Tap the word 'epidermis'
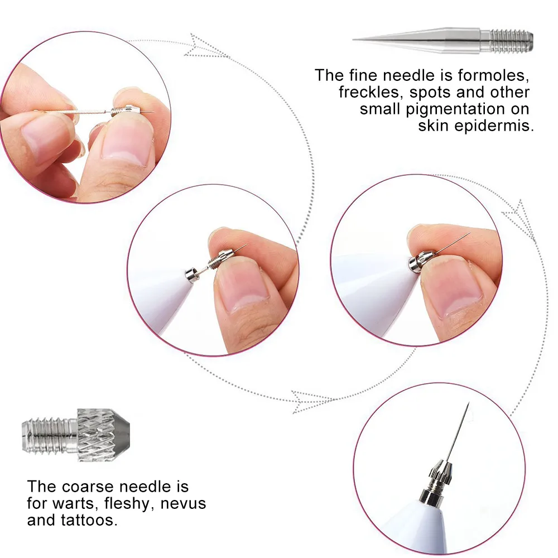[x=476, y=125]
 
